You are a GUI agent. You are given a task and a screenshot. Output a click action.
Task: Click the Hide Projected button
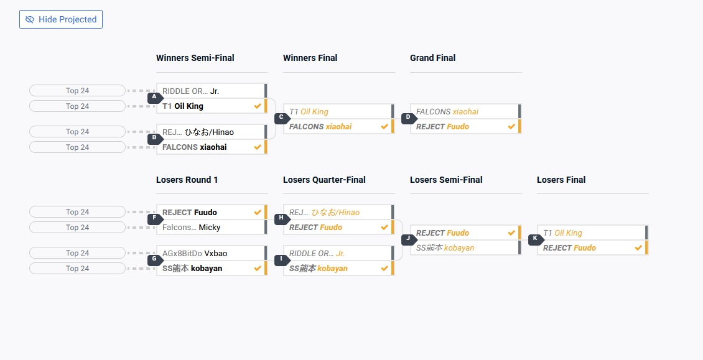click(x=61, y=19)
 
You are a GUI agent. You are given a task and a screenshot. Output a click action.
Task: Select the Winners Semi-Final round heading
click(x=195, y=58)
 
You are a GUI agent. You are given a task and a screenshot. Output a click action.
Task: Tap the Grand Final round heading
click(x=432, y=58)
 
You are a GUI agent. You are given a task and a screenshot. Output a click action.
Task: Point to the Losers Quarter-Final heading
click(x=324, y=180)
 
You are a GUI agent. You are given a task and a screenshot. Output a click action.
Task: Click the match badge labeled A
click(x=155, y=98)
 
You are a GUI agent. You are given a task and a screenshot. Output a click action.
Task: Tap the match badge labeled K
click(x=535, y=239)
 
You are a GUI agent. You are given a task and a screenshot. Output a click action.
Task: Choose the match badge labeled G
click(x=155, y=259)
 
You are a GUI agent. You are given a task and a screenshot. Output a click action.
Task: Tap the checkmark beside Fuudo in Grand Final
click(x=511, y=126)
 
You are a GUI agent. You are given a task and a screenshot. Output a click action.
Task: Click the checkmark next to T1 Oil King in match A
click(x=258, y=106)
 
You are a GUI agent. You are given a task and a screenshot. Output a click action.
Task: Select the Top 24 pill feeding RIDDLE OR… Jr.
click(x=78, y=91)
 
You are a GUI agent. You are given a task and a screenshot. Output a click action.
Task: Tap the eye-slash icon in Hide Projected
click(x=30, y=19)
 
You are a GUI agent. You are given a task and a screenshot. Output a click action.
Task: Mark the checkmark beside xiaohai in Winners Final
click(x=384, y=126)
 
